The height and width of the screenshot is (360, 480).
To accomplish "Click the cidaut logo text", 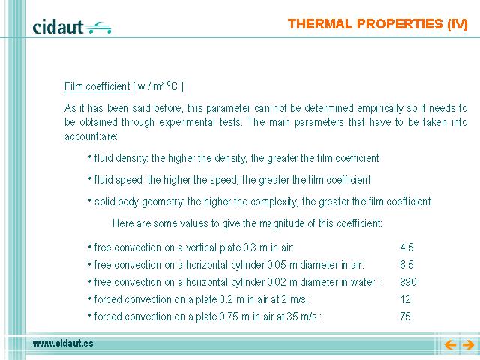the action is pos(58,27).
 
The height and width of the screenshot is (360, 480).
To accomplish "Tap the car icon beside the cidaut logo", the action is pos(98,28).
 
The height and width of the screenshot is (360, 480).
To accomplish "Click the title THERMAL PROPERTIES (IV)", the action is pos(378,24).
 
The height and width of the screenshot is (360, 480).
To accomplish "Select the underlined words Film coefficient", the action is pos(97,86).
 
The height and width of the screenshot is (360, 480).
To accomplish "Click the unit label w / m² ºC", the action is pos(158,86).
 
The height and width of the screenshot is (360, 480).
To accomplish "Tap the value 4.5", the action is pos(406,247).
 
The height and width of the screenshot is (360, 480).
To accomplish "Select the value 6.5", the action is pos(406,265).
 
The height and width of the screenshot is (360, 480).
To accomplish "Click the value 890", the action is pos(408,282).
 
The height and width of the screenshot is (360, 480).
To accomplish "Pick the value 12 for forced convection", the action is pos(405,299).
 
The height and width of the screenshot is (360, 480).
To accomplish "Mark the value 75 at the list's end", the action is pos(405,316).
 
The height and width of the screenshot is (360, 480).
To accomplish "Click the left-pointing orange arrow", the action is pos(450,345).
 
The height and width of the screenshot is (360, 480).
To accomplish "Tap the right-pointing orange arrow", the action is pos(468,345).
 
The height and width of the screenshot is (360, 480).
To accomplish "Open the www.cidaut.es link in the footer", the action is pos(63,343).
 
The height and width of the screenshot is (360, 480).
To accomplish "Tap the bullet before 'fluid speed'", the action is pos(90,178).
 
